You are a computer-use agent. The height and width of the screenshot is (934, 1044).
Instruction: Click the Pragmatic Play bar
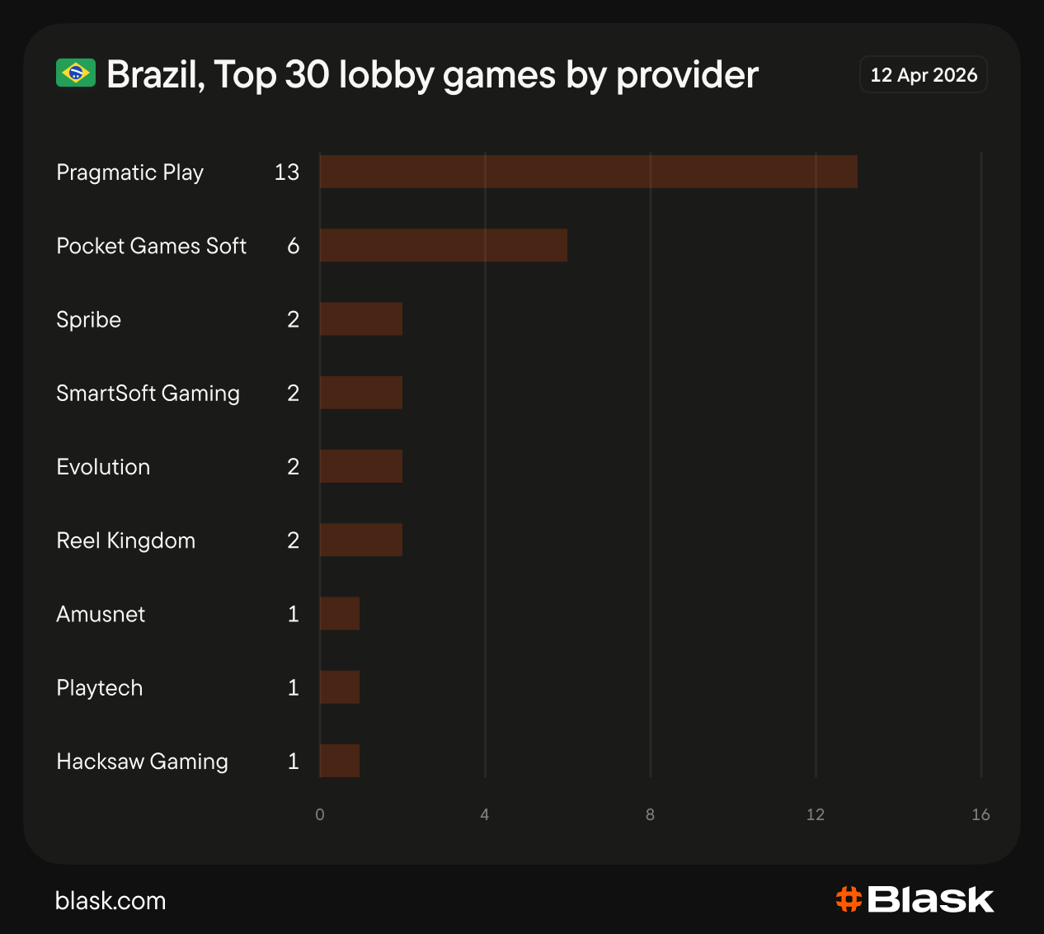(x=588, y=172)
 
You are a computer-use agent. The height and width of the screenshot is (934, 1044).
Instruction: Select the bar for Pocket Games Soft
(x=443, y=245)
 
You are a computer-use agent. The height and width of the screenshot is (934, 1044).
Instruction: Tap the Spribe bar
(x=360, y=319)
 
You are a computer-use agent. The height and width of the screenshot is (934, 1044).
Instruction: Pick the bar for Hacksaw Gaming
(x=339, y=761)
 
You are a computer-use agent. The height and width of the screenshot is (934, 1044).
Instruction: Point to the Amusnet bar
(x=339, y=614)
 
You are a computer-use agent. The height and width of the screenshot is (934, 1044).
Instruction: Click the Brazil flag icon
(x=76, y=73)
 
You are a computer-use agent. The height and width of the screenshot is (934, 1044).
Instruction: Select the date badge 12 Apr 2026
(x=923, y=75)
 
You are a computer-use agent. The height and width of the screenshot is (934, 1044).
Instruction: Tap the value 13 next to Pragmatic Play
(x=286, y=172)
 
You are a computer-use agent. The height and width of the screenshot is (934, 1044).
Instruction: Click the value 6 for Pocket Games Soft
(x=293, y=246)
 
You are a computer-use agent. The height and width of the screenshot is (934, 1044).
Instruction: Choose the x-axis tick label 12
(x=815, y=815)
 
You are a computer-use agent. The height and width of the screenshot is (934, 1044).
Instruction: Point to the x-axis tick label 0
(x=320, y=815)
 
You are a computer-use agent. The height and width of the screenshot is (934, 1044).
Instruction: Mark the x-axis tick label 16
(x=981, y=815)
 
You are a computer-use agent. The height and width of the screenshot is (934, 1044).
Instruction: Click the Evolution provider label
(x=103, y=467)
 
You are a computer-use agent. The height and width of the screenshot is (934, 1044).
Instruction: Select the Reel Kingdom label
(x=125, y=540)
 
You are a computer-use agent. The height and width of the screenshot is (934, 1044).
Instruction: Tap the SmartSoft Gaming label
(x=148, y=394)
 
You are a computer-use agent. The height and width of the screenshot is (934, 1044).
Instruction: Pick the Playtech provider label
(x=99, y=688)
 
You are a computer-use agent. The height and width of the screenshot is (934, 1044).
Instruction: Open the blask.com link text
(x=111, y=900)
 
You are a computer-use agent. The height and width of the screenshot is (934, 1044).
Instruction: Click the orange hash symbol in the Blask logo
(x=849, y=899)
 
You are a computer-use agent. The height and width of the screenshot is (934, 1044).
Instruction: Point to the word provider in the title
(x=687, y=75)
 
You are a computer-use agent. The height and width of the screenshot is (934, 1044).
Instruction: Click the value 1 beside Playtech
(x=293, y=688)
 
